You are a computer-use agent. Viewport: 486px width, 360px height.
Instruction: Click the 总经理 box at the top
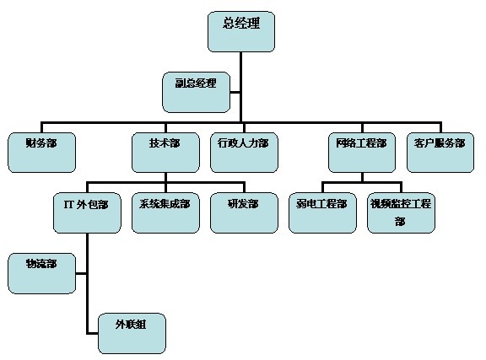click(241, 31)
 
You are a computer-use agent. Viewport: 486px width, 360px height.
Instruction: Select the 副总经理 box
click(197, 92)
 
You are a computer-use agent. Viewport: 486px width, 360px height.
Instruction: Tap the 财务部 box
click(42, 153)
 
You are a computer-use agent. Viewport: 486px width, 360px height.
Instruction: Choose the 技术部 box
click(166, 153)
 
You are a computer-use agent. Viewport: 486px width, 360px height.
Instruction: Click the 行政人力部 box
click(244, 153)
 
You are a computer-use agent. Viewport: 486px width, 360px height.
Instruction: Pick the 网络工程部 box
click(362, 153)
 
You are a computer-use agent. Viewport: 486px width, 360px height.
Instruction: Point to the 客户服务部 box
click(440, 153)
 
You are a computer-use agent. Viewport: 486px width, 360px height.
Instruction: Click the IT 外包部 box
click(88, 212)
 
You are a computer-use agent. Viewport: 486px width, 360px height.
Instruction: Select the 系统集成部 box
click(166, 212)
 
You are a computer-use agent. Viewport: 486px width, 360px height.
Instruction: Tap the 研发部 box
click(244, 212)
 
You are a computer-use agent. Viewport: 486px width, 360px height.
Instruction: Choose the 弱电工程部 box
click(322, 212)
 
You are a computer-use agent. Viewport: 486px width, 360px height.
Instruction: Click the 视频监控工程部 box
click(401, 212)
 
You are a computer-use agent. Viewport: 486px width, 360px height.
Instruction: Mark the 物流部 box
click(42, 273)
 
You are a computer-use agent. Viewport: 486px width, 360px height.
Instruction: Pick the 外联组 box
click(132, 333)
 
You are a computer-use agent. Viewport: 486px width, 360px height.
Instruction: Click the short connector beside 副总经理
click(235, 92)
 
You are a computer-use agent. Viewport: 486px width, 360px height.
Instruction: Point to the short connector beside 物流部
click(81, 273)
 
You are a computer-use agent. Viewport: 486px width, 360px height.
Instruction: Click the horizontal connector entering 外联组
click(93, 333)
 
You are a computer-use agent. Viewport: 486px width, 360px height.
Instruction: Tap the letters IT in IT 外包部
click(68, 205)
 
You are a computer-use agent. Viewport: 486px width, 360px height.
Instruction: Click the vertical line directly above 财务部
click(42, 127)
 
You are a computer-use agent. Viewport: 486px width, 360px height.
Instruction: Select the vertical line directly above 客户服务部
click(440, 127)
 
